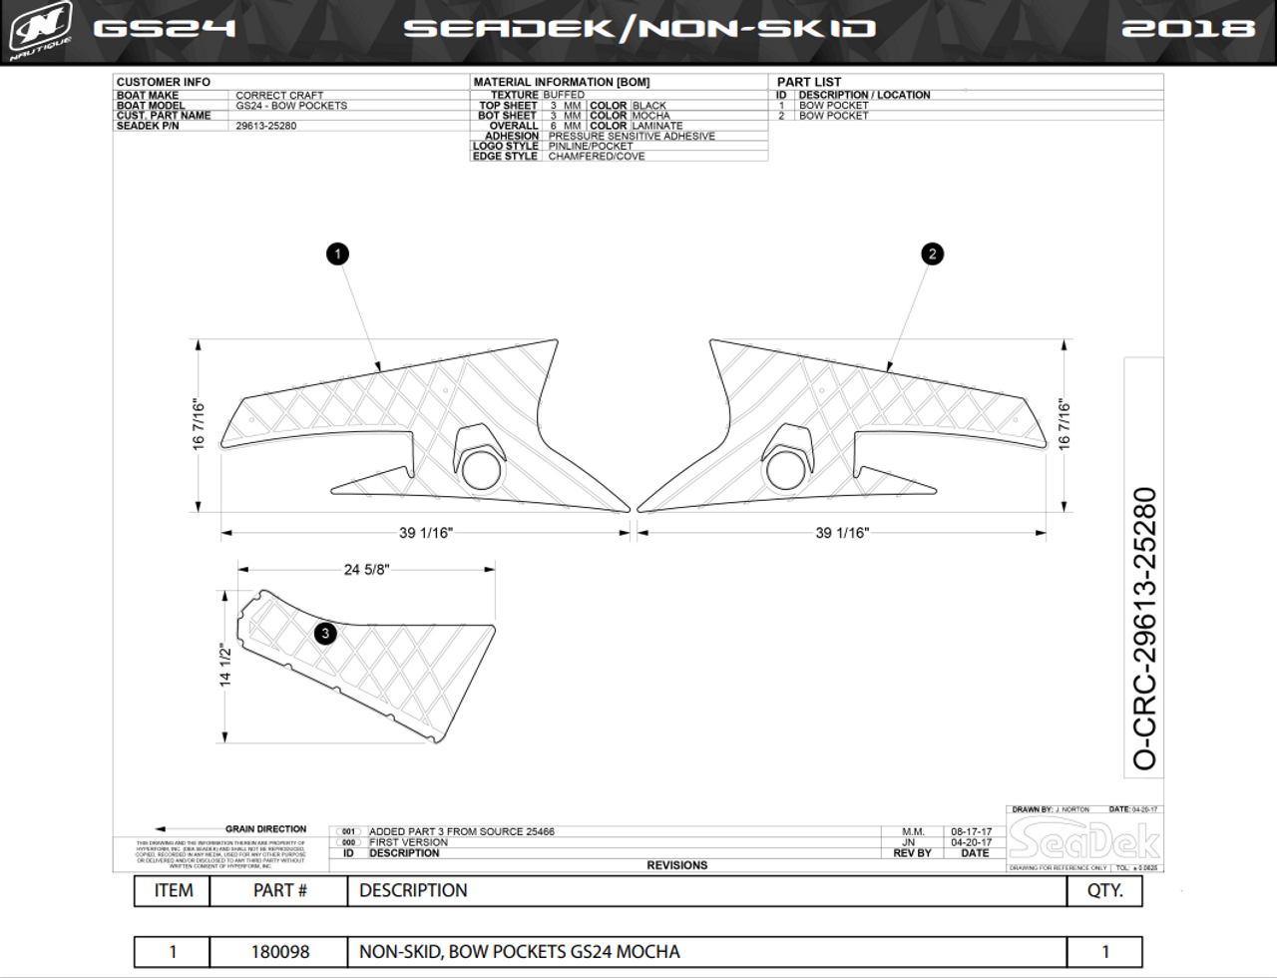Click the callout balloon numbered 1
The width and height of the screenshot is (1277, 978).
[x=337, y=254]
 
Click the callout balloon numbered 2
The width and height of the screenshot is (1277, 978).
[x=932, y=253]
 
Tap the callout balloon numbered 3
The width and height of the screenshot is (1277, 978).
[x=325, y=633]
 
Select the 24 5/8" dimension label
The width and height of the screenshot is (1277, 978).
[x=366, y=570]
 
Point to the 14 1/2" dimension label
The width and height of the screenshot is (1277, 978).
[x=225, y=665]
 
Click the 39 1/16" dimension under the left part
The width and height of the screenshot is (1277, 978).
[x=425, y=533]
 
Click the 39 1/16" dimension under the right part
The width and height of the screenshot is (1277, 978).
[x=842, y=533]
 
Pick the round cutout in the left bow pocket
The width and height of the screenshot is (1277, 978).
[x=480, y=470]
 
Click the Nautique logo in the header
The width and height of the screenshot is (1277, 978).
[x=40, y=31]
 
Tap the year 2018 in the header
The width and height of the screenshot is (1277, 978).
[x=1187, y=28]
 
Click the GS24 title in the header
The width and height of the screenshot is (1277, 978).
[x=165, y=28]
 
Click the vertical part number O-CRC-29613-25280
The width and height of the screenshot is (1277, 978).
[x=1145, y=629]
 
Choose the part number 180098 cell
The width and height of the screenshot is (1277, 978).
[x=279, y=952]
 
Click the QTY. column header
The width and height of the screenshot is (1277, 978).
[x=1104, y=891]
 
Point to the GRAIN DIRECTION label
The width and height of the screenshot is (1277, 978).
[x=265, y=829]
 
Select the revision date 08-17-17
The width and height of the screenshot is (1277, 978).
[x=971, y=831]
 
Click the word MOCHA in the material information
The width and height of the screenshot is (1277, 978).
[x=650, y=116]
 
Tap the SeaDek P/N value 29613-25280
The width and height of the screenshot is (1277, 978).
[x=266, y=126]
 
